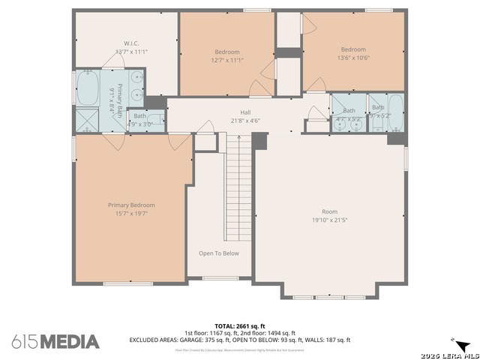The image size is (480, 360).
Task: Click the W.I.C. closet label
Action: (126, 43)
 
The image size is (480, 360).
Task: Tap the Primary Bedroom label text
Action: (131, 205)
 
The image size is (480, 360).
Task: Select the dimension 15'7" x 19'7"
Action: (131, 213)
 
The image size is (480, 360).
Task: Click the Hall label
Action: (235, 112)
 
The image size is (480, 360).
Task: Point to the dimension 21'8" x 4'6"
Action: (235, 121)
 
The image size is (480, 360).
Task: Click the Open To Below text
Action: (219, 253)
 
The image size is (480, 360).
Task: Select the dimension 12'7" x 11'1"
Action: (227, 60)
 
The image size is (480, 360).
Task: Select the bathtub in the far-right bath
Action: (395, 112)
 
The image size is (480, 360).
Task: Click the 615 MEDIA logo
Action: (55, 341)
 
